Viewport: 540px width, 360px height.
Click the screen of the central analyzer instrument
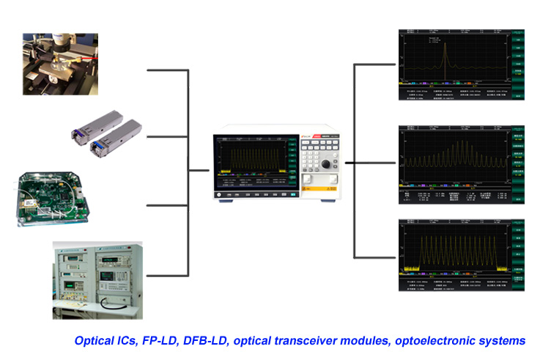(x=253, y=164)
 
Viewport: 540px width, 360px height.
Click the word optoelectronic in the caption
(x=449, y=341)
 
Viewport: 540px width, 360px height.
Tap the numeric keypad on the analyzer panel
(x=319, y=150)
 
